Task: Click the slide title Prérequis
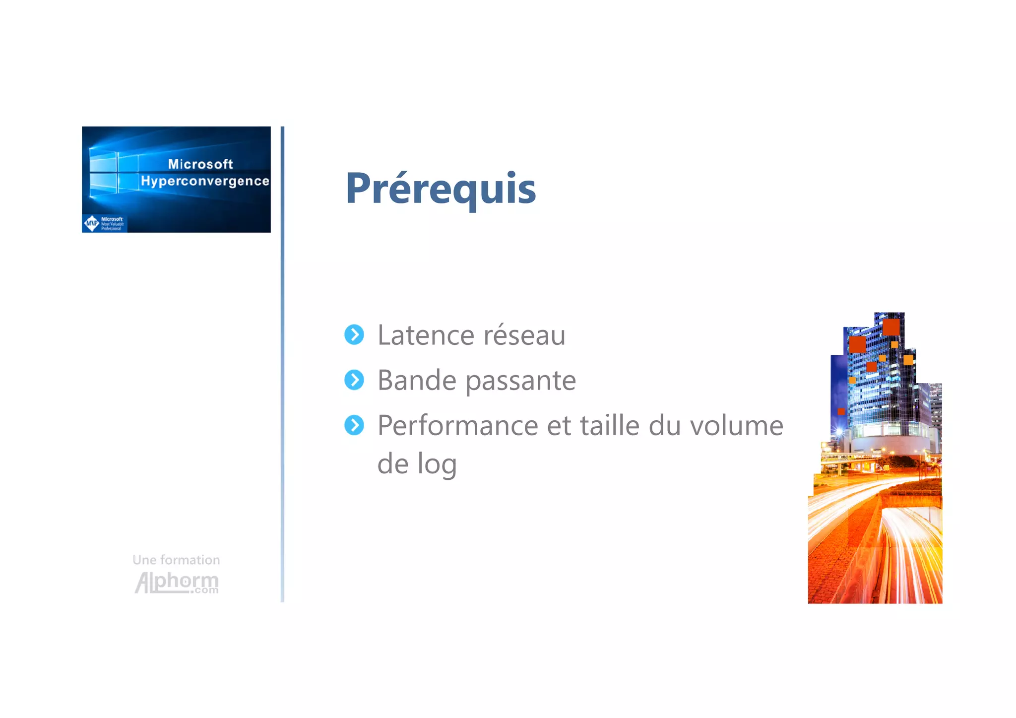point(441,189)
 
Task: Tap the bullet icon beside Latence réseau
point(354,335)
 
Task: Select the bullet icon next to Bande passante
point(354,380)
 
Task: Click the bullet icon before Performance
point(354,425)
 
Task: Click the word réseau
point(524,335)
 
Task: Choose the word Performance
point(457,426)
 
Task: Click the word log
point(437,465)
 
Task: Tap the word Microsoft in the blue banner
point(200,164)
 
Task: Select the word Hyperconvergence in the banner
point(205,181)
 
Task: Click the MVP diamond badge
point(92,223)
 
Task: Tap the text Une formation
point(176,560)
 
